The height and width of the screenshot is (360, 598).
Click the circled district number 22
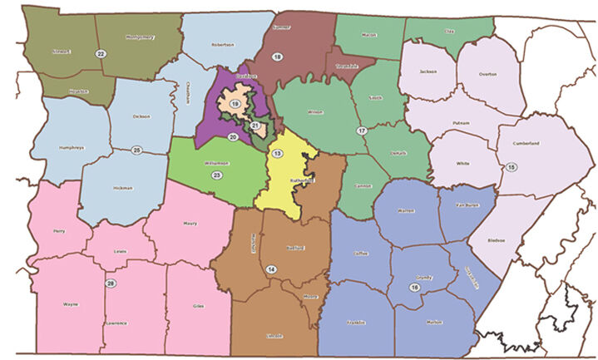(101, 53)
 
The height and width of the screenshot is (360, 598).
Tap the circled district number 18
(278, 56)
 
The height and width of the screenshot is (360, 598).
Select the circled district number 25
(136, 150)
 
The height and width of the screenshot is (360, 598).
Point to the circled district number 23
(216, 176)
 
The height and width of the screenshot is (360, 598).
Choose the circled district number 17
(361, 131)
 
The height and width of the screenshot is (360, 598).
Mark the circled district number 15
(511, 168)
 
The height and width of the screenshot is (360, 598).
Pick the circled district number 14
(271, 269)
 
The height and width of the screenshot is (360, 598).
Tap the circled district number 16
(414, 287)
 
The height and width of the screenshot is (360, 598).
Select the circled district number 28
(111, 284)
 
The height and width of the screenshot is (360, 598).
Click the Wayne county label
(70, 304)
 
